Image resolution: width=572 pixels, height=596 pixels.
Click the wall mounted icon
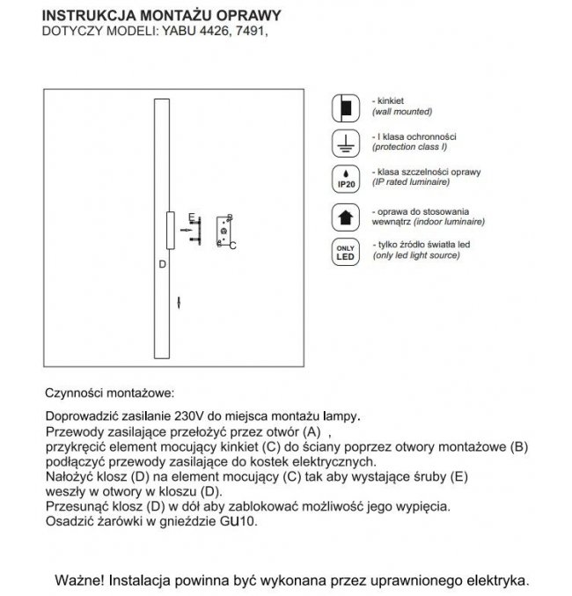click(345, 107)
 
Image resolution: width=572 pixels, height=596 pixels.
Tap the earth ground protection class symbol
click(345, 142)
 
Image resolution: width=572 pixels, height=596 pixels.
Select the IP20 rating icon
click(345, 178)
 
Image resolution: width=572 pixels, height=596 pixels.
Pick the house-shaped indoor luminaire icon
click(345, 216)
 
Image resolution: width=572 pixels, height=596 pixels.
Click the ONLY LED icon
click(345, 253)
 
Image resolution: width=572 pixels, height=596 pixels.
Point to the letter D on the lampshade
click(161, 263)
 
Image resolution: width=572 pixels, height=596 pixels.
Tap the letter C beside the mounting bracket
click(232, 245)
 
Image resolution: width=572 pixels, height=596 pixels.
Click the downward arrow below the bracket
click(180, 302)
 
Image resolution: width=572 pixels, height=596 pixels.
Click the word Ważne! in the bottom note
click(79, 581)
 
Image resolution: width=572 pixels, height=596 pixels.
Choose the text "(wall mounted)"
click(401, 113)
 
